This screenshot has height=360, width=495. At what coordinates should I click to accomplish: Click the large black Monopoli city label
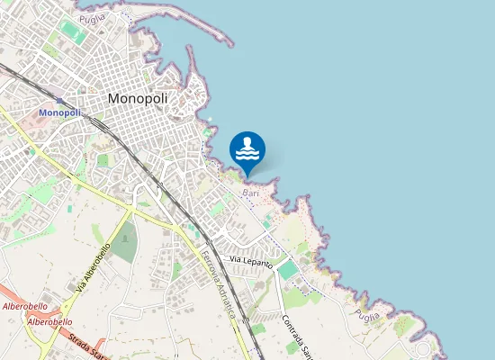pos(138,98)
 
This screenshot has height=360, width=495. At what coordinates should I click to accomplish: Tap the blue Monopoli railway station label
pos(59,112)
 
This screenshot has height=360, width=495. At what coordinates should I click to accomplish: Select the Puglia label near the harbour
pos(92,18)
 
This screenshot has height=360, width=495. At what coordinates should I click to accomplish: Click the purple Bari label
pos(250,193)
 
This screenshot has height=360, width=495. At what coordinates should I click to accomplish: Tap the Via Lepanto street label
pos(250,259)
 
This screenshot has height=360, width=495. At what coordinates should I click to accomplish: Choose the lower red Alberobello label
pos(49,321)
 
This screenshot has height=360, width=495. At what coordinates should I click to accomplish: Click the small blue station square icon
pos(60,101)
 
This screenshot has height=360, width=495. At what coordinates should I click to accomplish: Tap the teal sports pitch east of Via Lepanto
pos(288,269)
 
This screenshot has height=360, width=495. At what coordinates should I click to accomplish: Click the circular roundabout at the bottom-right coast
pos(423,349)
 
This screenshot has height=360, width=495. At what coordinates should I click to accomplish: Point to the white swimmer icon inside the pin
pos(247,148)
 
